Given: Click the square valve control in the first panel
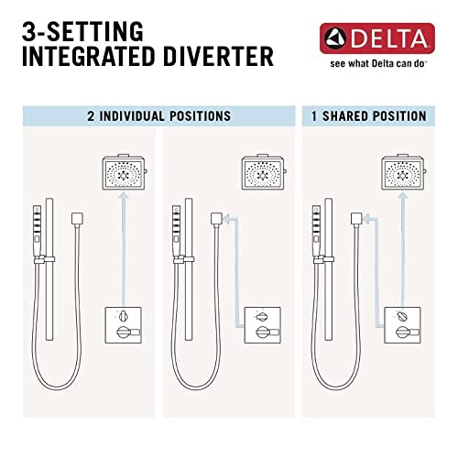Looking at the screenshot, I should coord(123,329).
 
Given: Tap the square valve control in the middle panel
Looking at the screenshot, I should coord(263,329).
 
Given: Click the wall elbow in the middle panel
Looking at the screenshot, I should coord(216,219).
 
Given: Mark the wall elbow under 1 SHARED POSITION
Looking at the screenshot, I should coord(354,219).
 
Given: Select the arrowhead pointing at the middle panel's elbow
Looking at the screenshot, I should coord(228,219).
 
